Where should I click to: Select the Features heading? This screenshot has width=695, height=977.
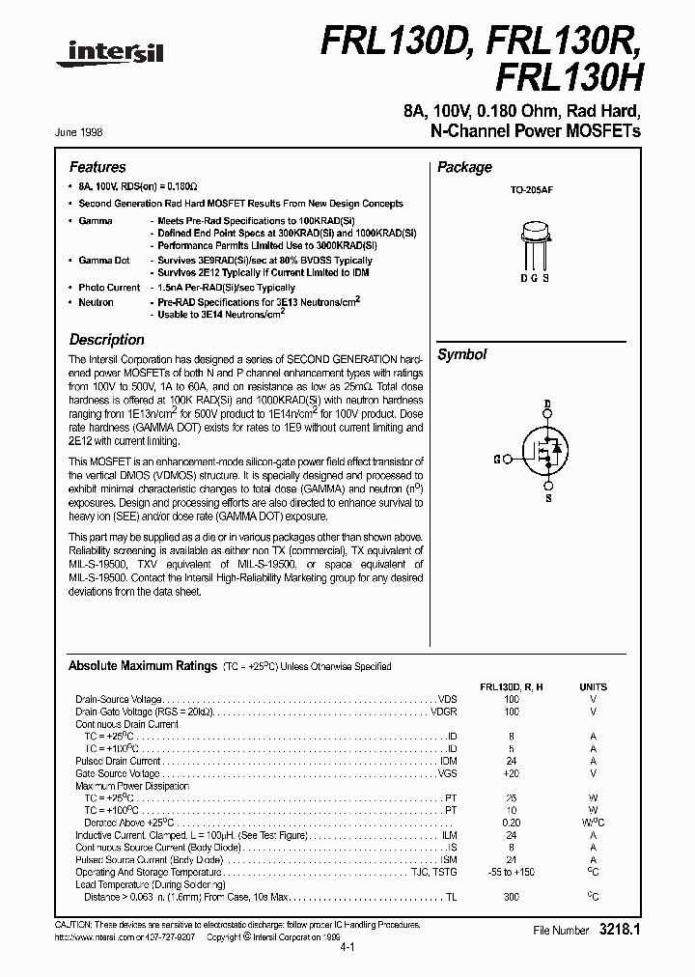pyautogui.click(x=97, y=167)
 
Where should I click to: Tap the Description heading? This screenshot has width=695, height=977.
pyautogui.click(x=106, y=340)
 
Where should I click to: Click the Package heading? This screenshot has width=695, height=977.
pyautogui.click(x=464, y=167)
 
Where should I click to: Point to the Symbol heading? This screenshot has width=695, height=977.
pyautogui.click(x=461, y=354)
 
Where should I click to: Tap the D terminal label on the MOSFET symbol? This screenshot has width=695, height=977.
pyautogui.click(x=547, y=405)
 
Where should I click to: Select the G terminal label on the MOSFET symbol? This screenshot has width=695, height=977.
pyautogui.click(x=496, y=460)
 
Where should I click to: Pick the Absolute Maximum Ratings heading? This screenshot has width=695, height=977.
pyautogui.click(x=142, y=666)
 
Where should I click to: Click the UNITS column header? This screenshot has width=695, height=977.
pyautogui.click(x=593, y=686)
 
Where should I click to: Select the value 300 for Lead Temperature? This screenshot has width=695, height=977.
pyautogui.click(x=511, y=897)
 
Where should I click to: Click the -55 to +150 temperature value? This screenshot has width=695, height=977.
pyautogui.click(x=511, y=872)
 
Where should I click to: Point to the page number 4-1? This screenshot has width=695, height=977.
pyautogui.click(x=347, y=948)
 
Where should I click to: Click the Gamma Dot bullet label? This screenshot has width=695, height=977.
pyautogui.click(x=104, y=261)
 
